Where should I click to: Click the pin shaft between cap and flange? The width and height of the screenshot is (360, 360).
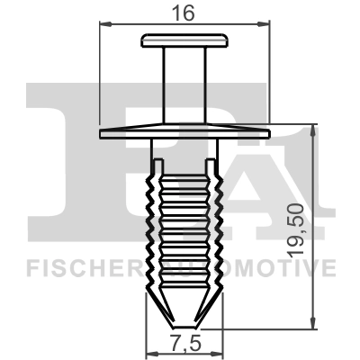point(184,85)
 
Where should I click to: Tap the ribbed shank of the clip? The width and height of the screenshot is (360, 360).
point(184,225)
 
